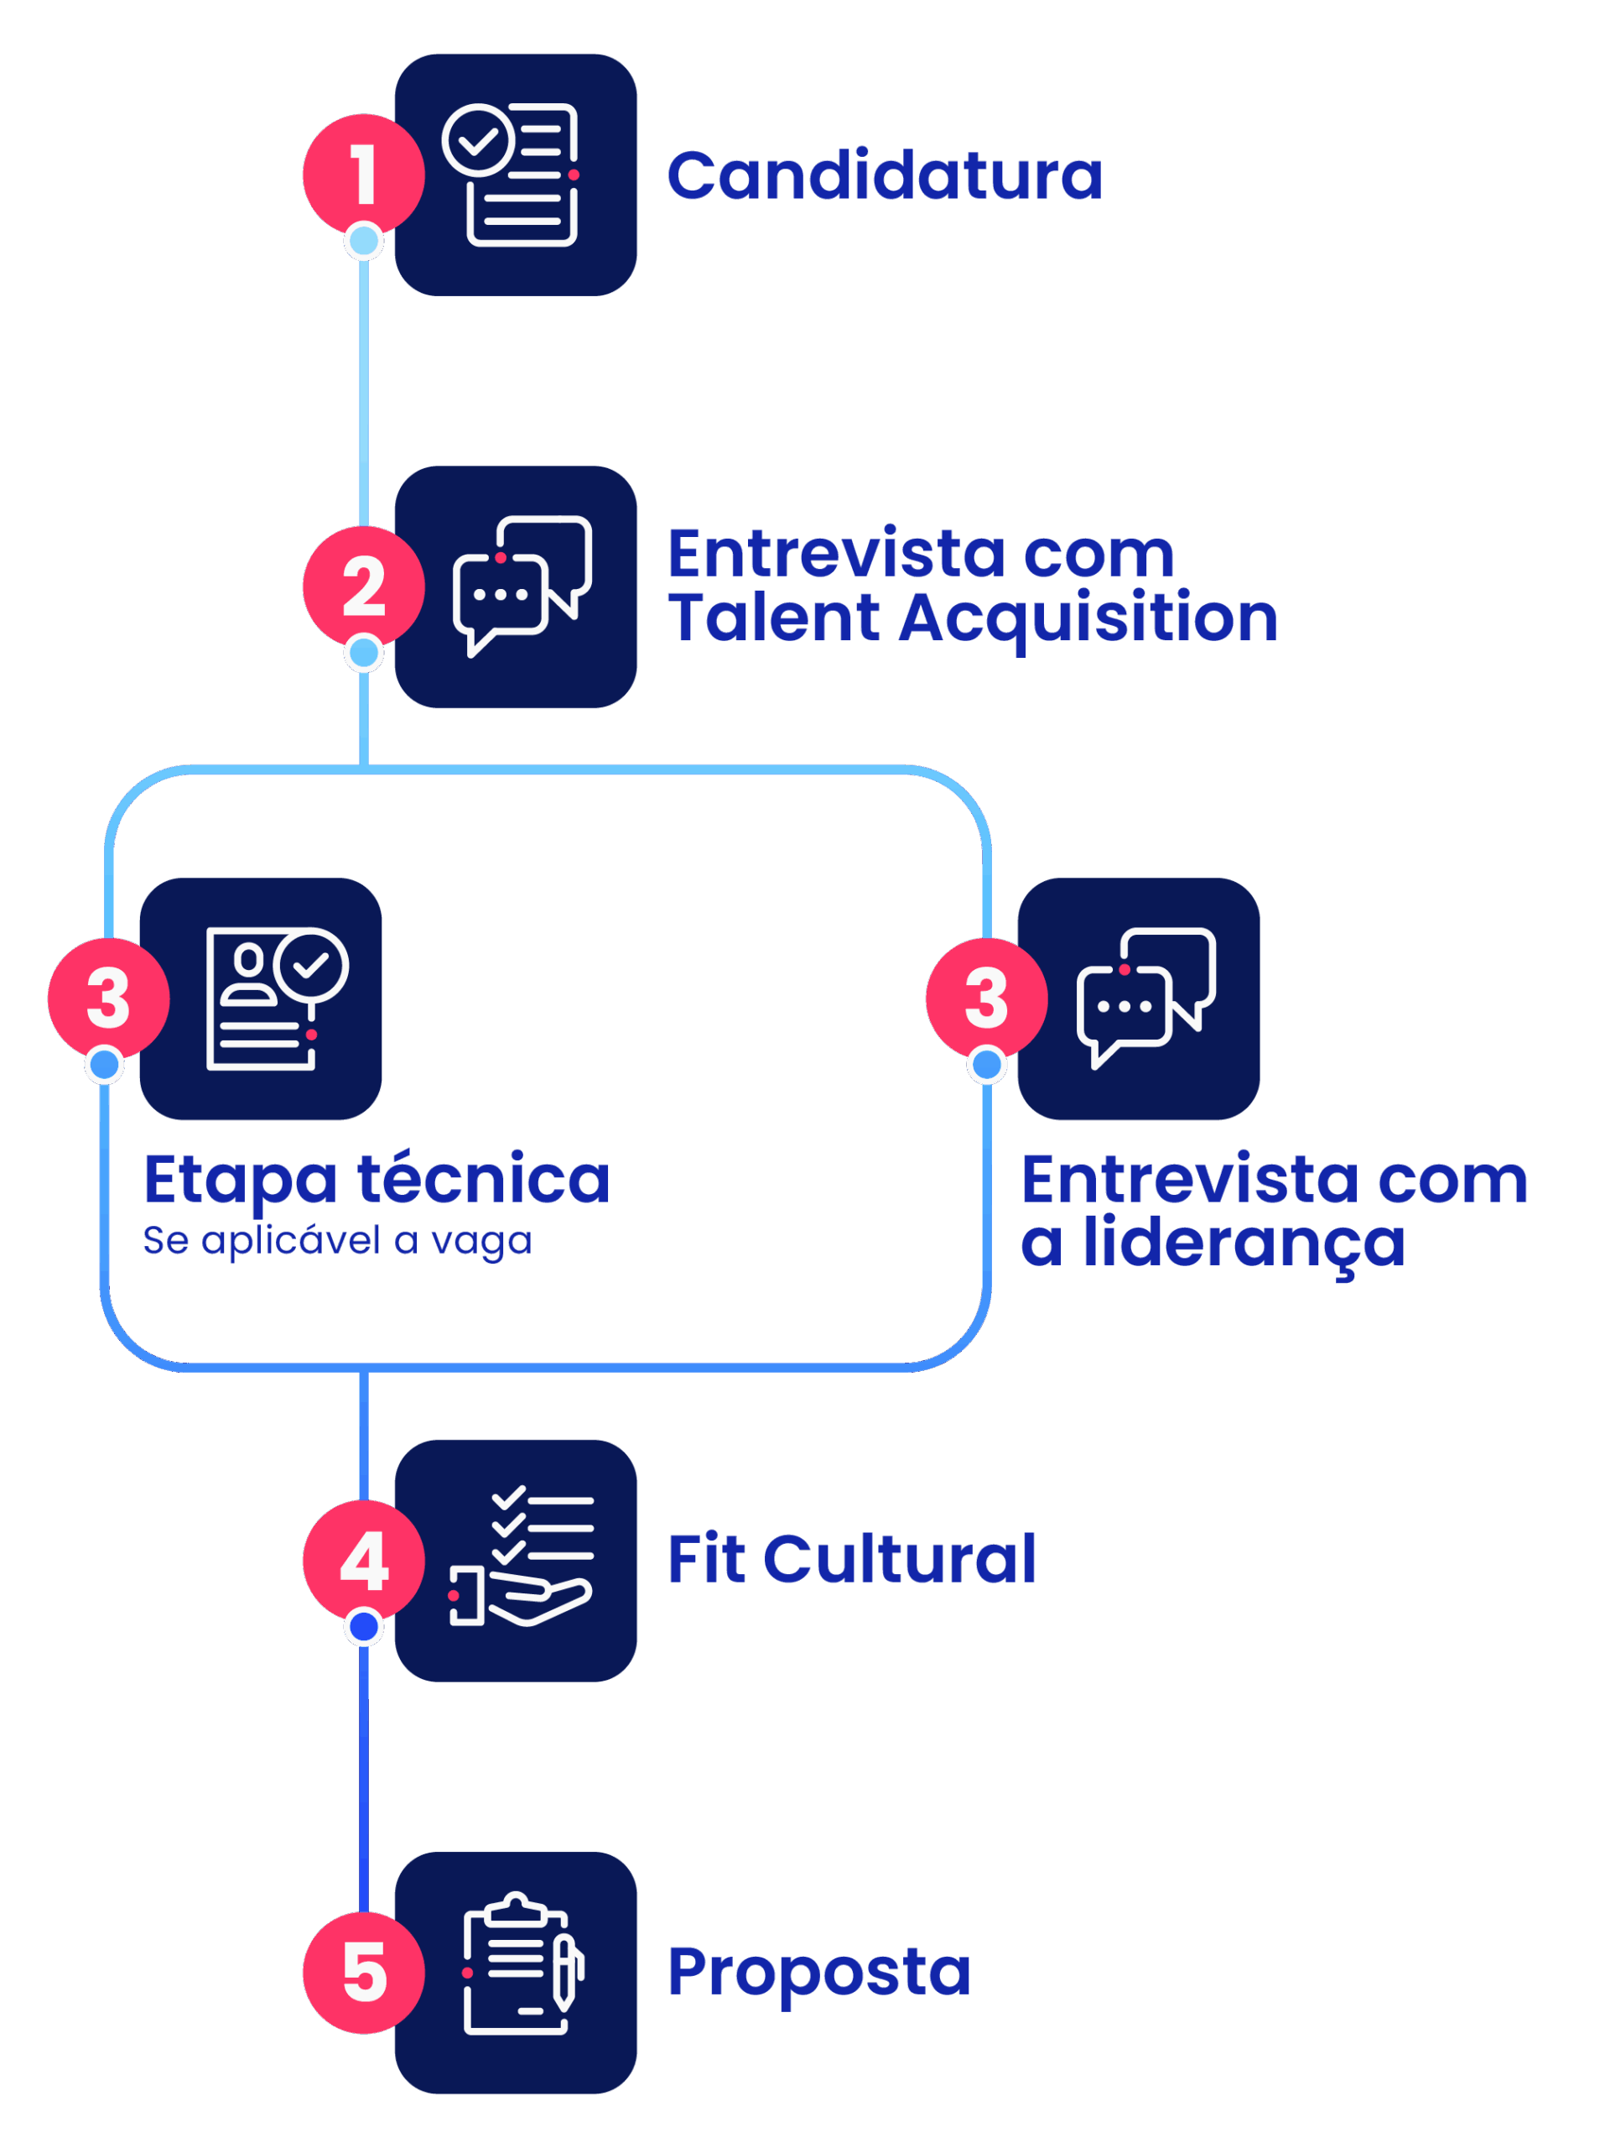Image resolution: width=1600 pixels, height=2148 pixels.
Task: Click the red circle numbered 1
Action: tap(363, 175)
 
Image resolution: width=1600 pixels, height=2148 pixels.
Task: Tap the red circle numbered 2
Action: tap(363, 587)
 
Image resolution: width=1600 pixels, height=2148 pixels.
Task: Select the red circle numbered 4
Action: tap(363, 1560)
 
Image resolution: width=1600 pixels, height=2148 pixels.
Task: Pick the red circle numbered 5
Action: tap(363, 1972)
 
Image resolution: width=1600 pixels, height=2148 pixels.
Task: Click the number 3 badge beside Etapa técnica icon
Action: tap(107, 998)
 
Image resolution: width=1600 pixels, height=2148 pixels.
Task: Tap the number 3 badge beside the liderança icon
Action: tap(986, 998)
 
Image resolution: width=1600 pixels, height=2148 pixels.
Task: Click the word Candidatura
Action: tap(884, 176)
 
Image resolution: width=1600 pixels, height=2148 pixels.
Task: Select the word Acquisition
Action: tap(1088, 618)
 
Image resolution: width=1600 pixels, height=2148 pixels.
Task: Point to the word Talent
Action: tap(774, 618)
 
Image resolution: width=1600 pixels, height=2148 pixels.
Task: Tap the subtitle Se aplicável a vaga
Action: tap(337, 1240)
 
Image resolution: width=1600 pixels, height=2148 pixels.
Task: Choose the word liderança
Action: tap(1244, 1243)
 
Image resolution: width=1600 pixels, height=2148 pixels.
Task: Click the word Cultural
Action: tap(900, 1559)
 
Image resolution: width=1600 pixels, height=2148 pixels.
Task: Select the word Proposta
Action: tap(818, 1972)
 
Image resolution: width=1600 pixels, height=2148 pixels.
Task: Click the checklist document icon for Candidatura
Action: tap(515, 175)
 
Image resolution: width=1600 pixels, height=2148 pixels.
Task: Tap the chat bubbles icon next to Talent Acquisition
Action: tap(515, 587)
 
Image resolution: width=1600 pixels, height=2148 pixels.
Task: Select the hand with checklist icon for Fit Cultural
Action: tap(515, 1560)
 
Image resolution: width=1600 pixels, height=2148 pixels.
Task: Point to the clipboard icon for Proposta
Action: tap(515, 1972)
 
